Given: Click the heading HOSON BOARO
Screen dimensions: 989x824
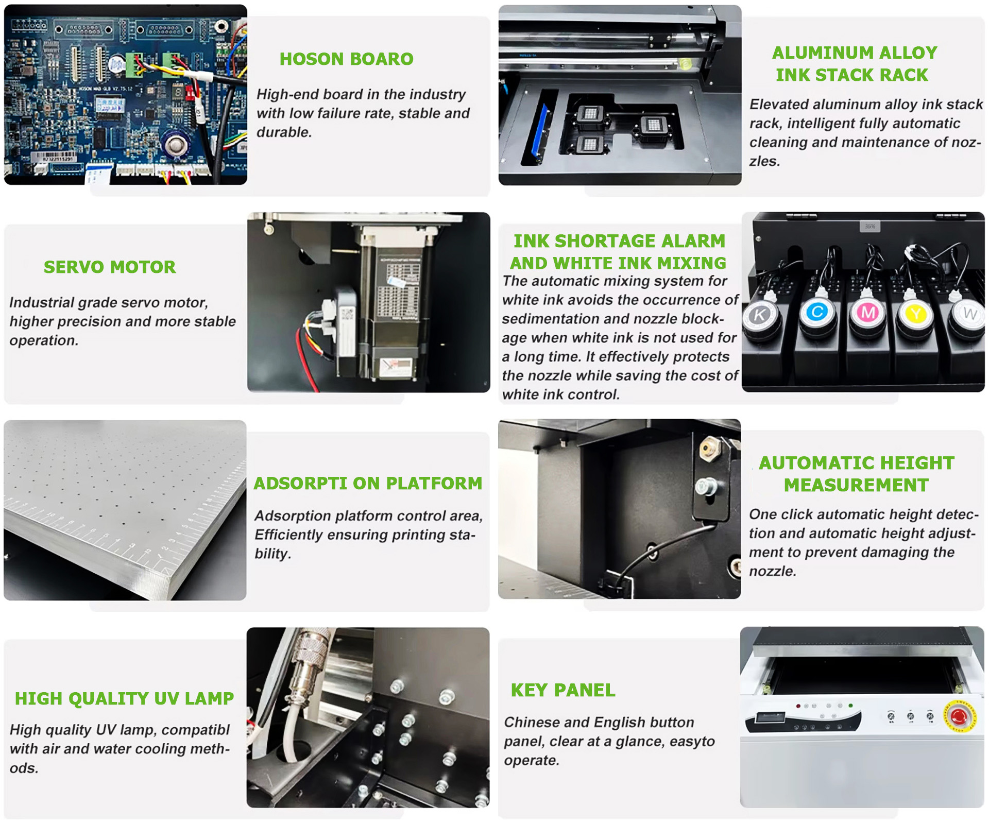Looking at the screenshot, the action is [x=346, y=59].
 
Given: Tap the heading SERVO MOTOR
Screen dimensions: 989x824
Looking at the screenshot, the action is [x=110, y=267].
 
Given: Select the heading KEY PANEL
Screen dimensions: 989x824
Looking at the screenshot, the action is [x=563, y=690].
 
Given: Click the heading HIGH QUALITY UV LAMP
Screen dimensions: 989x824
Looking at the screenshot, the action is [x=124, y=698].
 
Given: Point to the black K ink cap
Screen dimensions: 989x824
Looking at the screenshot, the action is [x=760, y=314].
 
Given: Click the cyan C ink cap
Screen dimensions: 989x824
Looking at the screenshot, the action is [x=817, y=312].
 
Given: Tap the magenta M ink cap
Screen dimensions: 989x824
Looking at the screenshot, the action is [x=868, y=312].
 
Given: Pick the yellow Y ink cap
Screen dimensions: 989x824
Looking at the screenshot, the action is [x=916, y=313].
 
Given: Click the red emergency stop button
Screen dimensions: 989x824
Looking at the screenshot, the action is [x=959, y=716].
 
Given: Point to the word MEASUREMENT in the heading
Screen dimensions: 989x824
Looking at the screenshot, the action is [x=856, y=485].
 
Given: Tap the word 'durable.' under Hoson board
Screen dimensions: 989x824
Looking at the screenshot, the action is [x=284, y=132].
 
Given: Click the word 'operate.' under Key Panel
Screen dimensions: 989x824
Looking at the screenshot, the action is [x=532, y=761].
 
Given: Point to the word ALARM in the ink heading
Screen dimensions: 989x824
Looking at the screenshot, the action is [x=693, y=241].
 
